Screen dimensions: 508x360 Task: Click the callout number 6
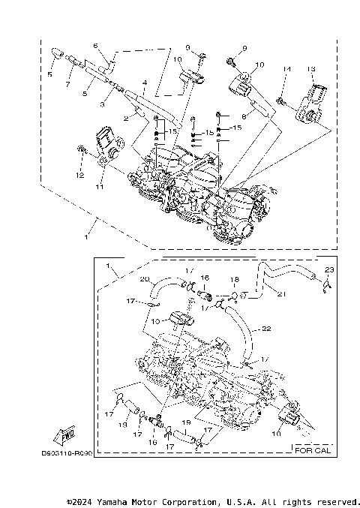click(x=95, y=46)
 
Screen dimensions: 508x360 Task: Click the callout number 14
click(x=286, y=69)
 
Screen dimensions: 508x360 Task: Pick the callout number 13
click(x=310, y=69)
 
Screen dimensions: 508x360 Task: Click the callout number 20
click(x=145, y=279)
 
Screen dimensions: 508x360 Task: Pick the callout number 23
click(x=328, y=269)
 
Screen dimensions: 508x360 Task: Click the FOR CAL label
click(x=311, y=451)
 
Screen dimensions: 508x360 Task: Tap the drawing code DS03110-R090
click(x=67, y=454)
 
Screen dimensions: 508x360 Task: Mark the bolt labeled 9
click(x=230, y=58)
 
